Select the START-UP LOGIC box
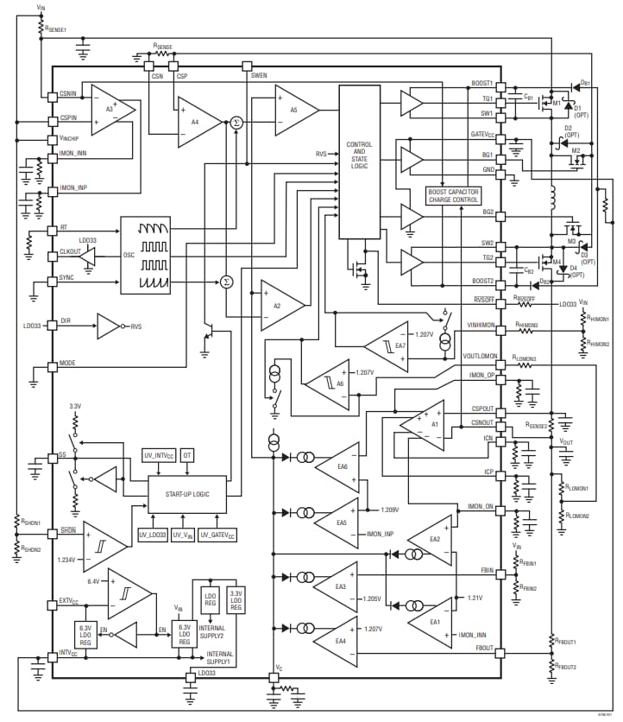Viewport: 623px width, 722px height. click(x=186, y=495)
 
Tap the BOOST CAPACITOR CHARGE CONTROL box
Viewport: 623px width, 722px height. click(x=453, y=195)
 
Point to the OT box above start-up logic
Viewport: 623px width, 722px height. click(x=187, y=455)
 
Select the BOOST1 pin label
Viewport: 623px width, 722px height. click(x=481, y=84)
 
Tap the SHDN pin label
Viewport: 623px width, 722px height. click(x=67, y=530)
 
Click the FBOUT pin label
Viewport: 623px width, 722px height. click(x=483, y=648)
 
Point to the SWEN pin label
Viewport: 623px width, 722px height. click(x=259, y=76)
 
